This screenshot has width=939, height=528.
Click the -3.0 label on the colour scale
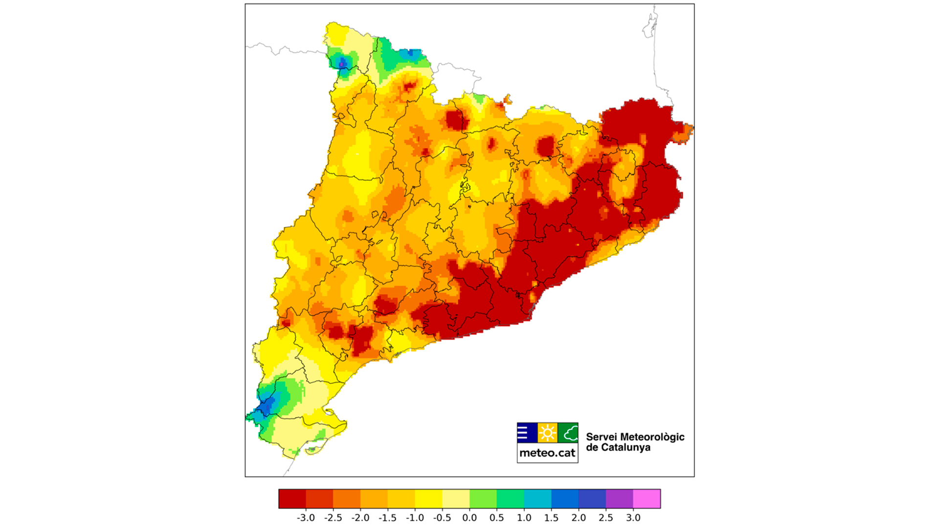[306, 518]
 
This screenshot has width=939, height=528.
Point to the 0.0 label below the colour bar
[469, 518]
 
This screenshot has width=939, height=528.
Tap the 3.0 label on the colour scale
[633, 518]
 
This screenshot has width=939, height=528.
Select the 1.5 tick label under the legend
[551, 518]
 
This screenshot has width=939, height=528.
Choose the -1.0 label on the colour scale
[415, 518]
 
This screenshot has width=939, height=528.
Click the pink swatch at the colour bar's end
[647, 499]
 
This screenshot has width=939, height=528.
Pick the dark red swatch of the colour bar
[292, 499]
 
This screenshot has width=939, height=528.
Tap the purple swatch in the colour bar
[619, 499]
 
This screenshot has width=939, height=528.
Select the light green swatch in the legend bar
[483, 499]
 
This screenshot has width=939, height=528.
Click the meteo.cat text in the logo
[547, 453]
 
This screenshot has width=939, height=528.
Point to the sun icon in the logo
[547, 433]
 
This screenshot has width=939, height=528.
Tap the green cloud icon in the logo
[568, 433]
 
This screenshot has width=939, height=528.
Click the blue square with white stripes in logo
[527, 433]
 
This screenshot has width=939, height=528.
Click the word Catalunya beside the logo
[626, 447]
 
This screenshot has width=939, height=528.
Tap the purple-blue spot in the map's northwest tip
[342, 63]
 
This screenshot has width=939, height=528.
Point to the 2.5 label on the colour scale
[605, 518]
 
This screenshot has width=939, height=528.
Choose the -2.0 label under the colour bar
[360, 518]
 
